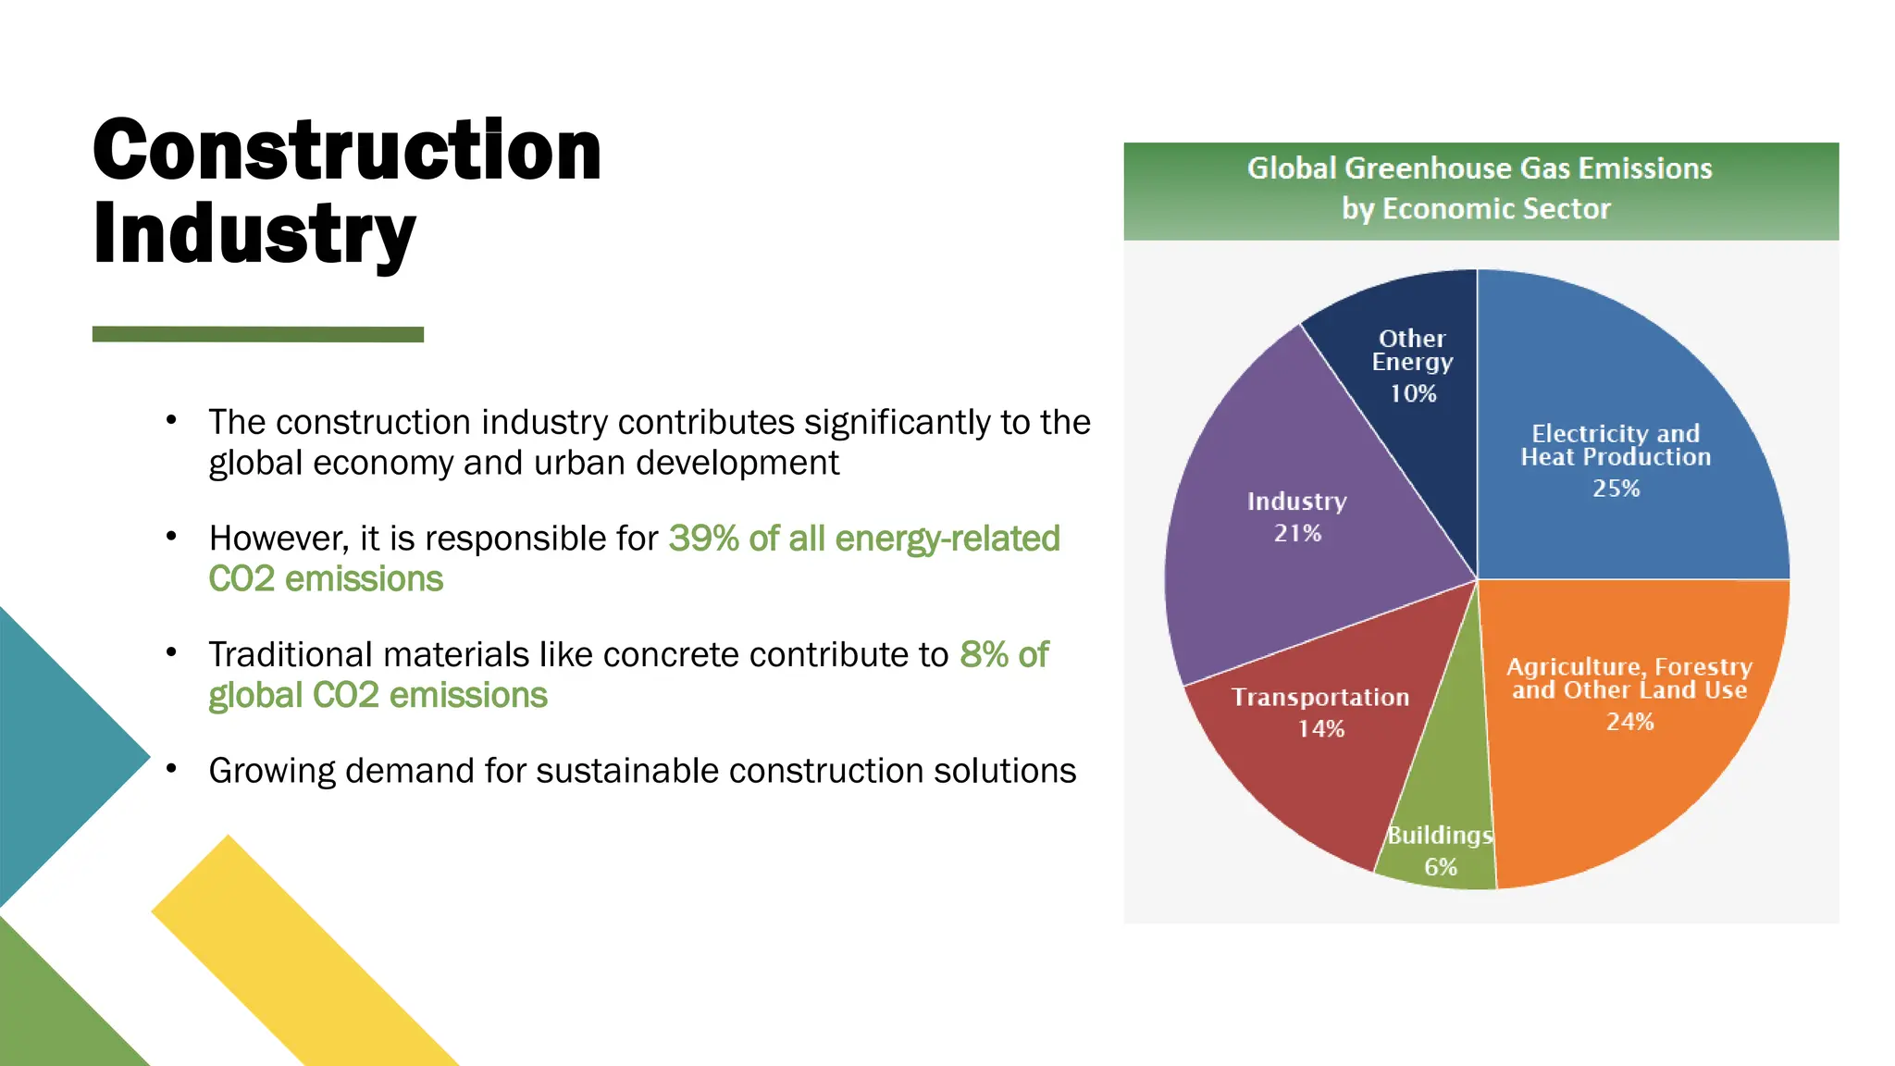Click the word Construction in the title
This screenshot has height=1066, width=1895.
pos(347,151)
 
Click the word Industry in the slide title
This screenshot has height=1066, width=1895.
pos(254,233)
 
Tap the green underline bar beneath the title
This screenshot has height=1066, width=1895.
pos(257,334)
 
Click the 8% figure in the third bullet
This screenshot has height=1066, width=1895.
pos(984,655)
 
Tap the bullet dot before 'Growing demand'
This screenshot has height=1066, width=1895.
pos(171,769)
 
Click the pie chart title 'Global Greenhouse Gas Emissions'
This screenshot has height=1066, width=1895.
pos(1479,168)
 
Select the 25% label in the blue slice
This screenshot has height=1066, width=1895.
pos(1616,489)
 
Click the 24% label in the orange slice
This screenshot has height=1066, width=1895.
pos(1629,722)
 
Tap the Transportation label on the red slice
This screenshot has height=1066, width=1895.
pos(1319,698)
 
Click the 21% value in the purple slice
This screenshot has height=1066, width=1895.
pos(1297,534)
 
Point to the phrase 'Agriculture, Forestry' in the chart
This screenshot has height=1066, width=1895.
pos(1629,667)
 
